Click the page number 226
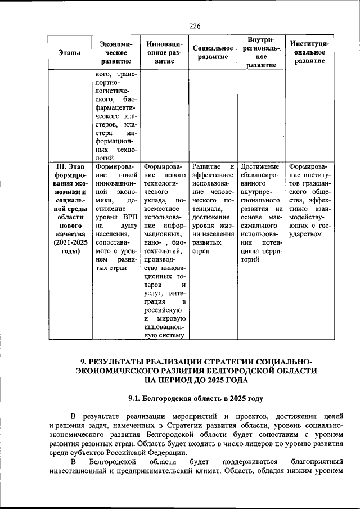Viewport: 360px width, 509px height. [195, 26]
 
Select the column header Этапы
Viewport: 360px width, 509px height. [69, 52]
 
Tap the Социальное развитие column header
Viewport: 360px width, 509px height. [213, 52]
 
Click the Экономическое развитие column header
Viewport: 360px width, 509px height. [115, 52]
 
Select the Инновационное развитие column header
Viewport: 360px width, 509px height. [164, 52]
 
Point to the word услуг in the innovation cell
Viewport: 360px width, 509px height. [154, 294]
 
